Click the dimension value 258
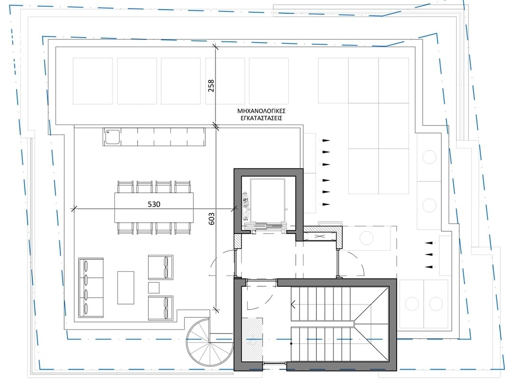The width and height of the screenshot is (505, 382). (211, 86)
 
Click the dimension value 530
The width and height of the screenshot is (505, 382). (154, 204)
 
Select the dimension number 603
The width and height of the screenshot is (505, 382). (211, 218)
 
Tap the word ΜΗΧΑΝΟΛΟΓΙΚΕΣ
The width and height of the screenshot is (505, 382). (261, 111)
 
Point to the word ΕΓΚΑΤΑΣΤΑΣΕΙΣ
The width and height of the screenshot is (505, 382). (261, 118)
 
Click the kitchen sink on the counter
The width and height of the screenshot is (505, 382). (112, 137)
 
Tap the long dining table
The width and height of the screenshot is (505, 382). (154, 207)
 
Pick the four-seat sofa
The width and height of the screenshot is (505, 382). (91, 287)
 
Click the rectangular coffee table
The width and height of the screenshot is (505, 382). (125, 287)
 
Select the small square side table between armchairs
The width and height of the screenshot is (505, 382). (154, 287)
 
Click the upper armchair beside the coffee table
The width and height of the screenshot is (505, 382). (161, 267)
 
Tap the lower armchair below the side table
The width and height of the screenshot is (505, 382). (161, 308)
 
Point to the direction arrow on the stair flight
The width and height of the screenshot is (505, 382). (294, 304)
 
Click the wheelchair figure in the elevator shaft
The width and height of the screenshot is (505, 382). (246, 204)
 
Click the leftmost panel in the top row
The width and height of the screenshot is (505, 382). (93, 81)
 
